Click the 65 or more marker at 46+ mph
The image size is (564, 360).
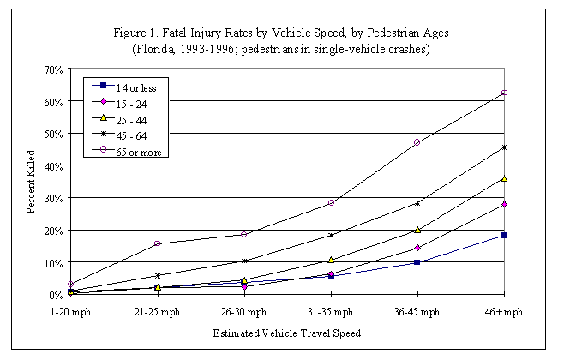(x=505, y=93)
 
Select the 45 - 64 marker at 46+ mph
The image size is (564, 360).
(x=505, y=147)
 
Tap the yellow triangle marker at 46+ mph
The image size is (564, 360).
(x=505, y=178)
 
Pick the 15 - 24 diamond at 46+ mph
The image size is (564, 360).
(x=505, y=204)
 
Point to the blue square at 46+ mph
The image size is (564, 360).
(x=505, y=235)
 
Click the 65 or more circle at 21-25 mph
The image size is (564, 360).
(x=157, y=243)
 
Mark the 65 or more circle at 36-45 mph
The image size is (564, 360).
(x=417, y=142)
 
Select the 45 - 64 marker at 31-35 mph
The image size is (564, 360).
(x=330, y=235)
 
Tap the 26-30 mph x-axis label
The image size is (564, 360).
(x=243, y=311)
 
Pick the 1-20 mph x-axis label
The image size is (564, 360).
(x=70, y=311)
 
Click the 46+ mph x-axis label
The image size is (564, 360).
(x=503, y=311)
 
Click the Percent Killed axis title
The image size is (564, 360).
(x=29, y=181)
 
